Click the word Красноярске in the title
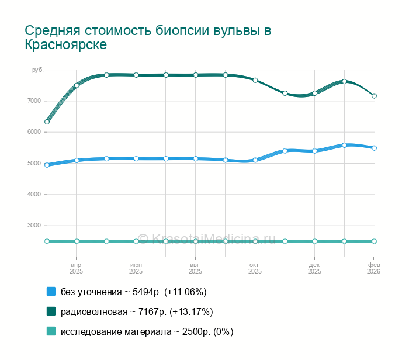click(66, 44)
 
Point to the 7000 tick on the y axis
click(34, 101)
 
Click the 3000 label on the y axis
click(34, 226)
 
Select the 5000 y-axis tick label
click(34, 163)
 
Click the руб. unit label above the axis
click(37, 70)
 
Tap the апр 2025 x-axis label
click(77, 268)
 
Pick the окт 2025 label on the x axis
click(255, 268)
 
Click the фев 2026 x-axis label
click(373, 268)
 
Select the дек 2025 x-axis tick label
click(314, 268)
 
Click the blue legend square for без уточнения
click(51, 291)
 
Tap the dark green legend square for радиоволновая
click(51, 311)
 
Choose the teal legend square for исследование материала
click(51, 331)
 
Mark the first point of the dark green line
click(47, 122)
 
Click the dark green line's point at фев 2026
click(374, 96)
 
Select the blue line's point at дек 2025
click(314, 151)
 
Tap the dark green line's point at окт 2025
click(255, 80)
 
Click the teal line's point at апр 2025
click(77, 241)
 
